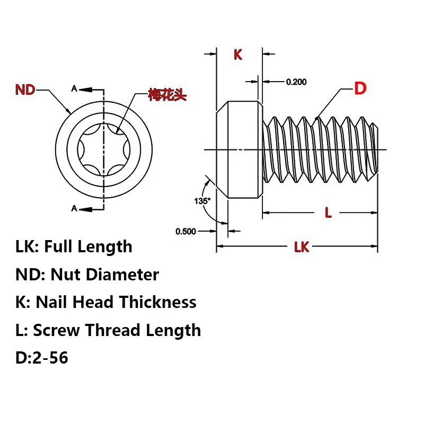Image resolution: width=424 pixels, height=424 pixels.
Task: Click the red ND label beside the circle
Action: (x=25, y=90)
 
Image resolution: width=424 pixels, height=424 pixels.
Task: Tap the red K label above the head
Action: (x=237, y=55)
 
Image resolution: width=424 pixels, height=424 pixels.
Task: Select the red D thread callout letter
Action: (x=360, y=88)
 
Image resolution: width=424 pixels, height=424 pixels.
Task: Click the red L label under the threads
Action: (x=328, y=213)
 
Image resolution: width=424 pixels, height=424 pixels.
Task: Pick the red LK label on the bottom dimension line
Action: (x=302, y=247)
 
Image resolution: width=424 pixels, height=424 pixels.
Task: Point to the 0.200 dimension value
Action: (x=296, y=82)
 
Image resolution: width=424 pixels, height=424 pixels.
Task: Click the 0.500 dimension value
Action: (x=186, y=232)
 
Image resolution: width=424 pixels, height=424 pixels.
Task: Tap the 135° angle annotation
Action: (x=202, y=201)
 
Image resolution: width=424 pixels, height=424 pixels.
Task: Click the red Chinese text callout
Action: (x=167, y=95)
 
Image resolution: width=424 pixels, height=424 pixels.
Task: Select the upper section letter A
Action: (x=74, y=89)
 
